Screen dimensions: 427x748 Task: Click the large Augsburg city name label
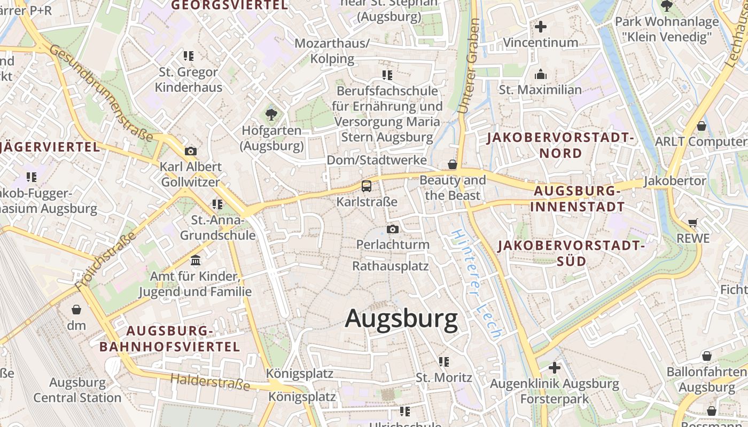401,319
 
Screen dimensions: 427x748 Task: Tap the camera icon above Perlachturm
393,229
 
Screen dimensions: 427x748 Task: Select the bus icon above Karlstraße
367,186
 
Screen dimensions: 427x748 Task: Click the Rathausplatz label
391,265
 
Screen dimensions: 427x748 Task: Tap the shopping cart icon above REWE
693,222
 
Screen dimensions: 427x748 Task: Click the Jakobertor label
675,181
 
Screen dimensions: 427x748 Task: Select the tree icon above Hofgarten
271,114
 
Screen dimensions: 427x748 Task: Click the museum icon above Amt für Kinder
196,260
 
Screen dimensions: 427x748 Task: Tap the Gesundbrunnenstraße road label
102,92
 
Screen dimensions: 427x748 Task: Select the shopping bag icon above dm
76,309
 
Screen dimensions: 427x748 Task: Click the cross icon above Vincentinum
541,26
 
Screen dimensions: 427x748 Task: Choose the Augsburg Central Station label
77,390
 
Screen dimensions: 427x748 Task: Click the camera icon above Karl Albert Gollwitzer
190,151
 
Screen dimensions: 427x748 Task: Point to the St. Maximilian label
540,90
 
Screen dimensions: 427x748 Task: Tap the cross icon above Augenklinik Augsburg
555,367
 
